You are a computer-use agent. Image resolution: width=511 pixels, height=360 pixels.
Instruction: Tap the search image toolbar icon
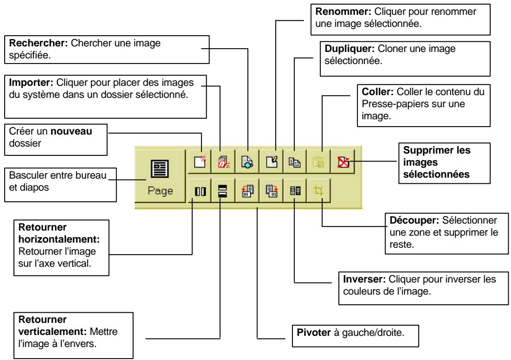tap(246, 162)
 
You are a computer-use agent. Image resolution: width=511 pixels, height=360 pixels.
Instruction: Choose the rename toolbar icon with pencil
tap(271, 162)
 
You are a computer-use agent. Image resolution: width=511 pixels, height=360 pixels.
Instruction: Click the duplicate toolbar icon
tap(295, 162)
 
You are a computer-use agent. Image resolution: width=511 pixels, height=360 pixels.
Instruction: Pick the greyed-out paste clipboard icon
tap(318, 162)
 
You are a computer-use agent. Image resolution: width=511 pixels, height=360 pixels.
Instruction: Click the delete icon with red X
tap(343, 162)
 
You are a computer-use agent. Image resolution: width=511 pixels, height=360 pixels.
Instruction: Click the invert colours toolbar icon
tap(295, 191)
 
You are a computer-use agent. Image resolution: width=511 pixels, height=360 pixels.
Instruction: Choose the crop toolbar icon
tap(319, 191)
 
